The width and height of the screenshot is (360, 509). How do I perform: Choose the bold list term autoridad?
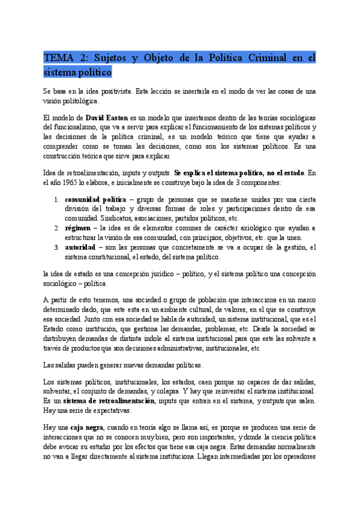click(80, 247)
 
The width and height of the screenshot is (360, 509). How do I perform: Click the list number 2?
click(56, 228)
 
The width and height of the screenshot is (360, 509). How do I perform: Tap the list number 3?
click(56, 247)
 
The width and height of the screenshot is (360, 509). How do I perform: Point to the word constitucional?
click(107, 257)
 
